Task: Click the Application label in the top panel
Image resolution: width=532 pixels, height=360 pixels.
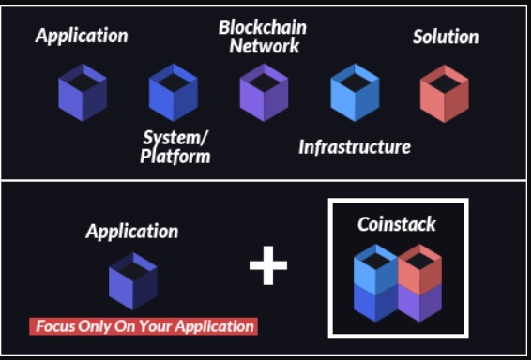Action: click(x=82, y=36)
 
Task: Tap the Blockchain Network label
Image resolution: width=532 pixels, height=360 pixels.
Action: click(x=263, y=37)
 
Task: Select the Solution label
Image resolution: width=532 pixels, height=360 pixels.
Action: click(x=446, y=37)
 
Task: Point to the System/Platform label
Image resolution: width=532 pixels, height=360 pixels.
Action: click(x=175, y=147)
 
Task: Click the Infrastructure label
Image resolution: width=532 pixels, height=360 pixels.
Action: click(x=355, y=147)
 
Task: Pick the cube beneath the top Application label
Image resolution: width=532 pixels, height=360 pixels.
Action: click(x=83, y=93)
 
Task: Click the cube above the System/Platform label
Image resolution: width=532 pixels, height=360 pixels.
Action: click(x=174, y=93)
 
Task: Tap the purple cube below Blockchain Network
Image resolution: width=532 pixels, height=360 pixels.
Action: click(x=264, y=93)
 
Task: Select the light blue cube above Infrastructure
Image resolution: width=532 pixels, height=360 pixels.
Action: click(x=355, y=93)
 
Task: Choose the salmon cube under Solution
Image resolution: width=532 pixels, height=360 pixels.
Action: click(x=445, y=94)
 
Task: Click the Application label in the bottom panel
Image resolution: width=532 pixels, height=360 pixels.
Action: click(x=132, y=232)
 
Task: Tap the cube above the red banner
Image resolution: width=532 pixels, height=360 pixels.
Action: click(x=133, y=281)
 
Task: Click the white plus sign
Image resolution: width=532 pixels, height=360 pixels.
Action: click(x=268, y=265)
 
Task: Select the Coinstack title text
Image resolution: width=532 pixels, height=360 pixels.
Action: click(x=397, y=224)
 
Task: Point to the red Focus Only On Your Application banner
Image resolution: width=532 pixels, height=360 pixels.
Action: click(x=144, y=326)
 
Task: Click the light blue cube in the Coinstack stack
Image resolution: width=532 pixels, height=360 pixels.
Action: click(x=376, y=268)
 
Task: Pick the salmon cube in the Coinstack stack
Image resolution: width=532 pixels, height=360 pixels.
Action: click(x=420, y=268)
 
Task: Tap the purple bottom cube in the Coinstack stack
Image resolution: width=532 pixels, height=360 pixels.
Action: click(x=420, y=303)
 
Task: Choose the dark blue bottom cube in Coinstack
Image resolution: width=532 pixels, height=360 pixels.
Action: click(x=376, y=303)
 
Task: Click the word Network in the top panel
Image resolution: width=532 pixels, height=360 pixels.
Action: click(x=265, y=46)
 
